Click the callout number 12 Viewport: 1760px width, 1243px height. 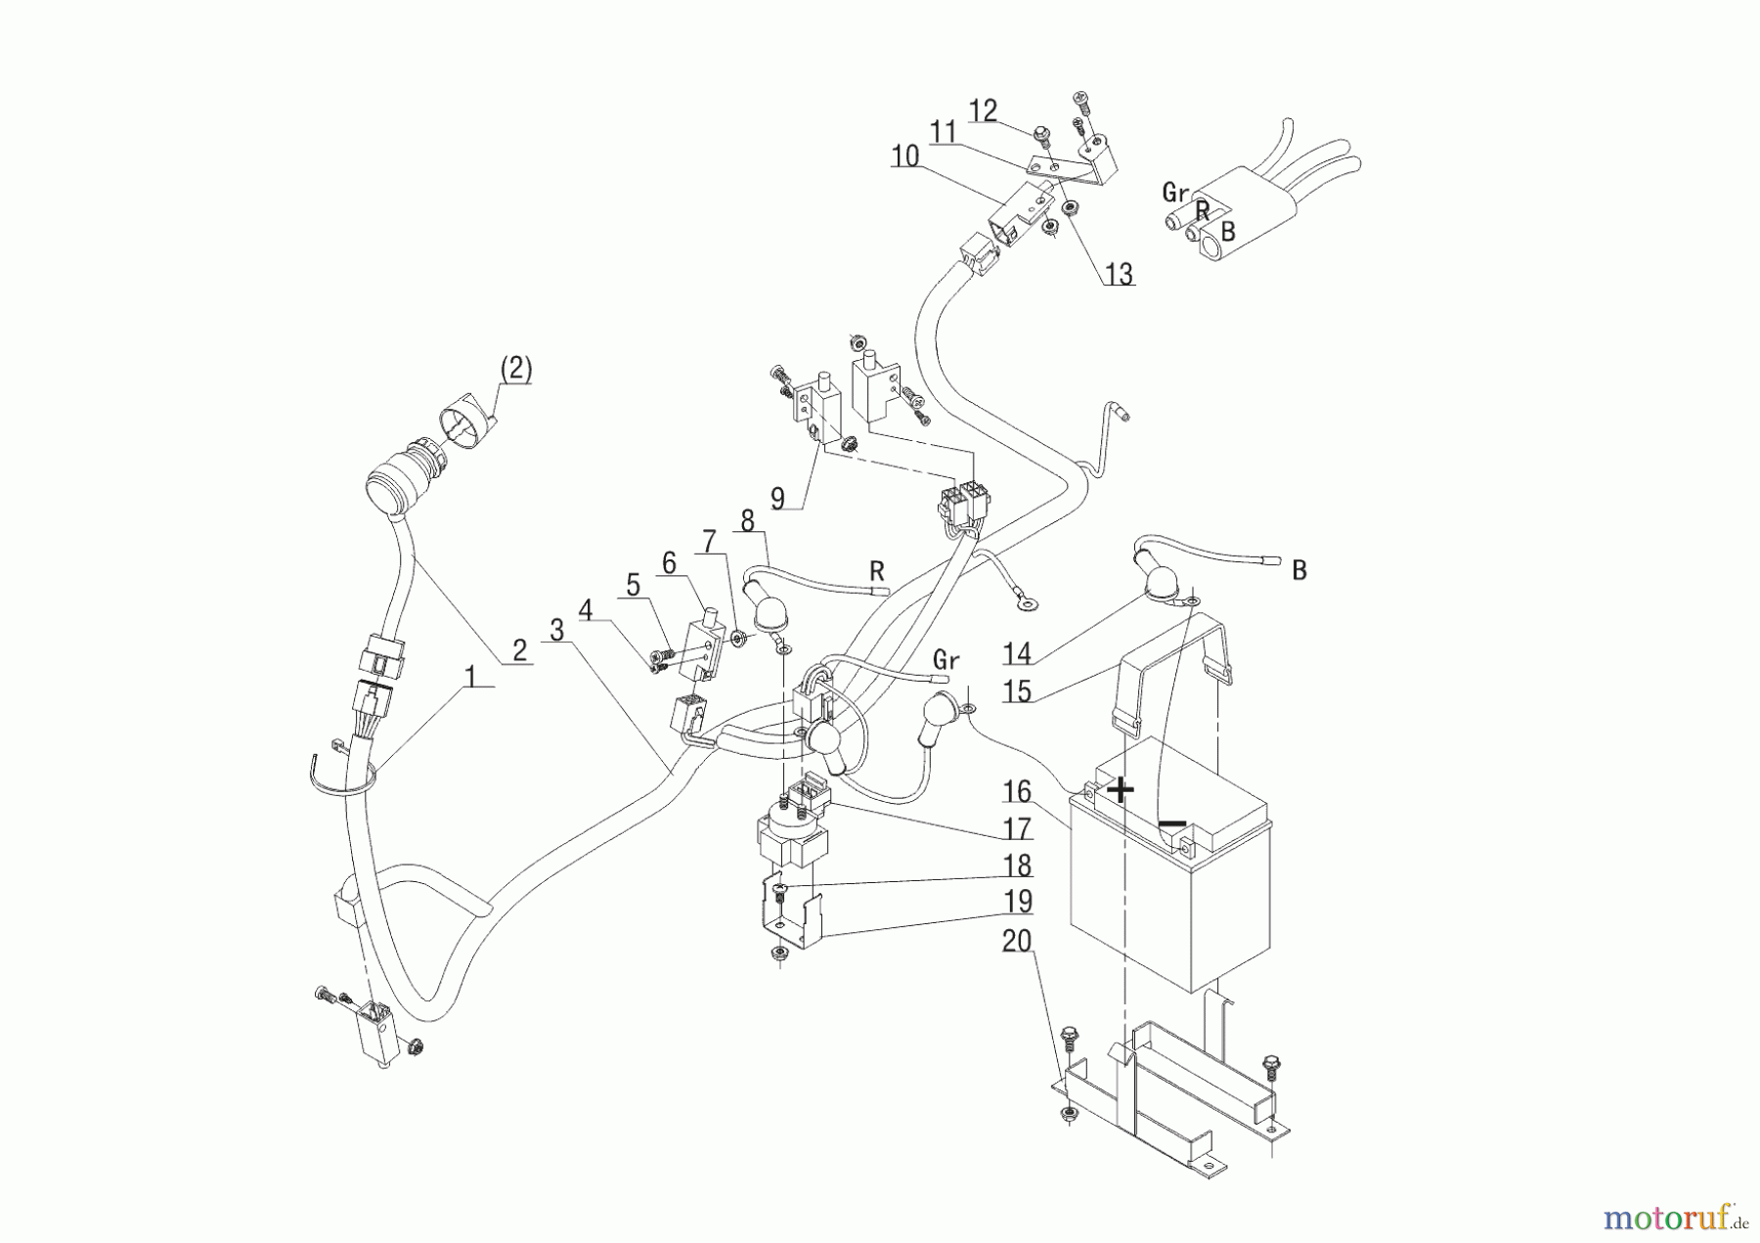(x=983, y=111)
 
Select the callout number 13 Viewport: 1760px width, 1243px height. (x=1119, y=275)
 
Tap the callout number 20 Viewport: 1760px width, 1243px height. (x=1017, y=942)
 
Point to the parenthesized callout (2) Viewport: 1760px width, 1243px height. (x=515, y=369)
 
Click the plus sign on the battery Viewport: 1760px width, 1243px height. (x=1121, y=789)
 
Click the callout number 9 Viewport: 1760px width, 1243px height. (x=777, y=498)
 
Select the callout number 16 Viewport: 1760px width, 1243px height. (x=1017, y=791)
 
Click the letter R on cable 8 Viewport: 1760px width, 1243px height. (x=877, y=569)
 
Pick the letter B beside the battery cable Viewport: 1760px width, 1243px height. (x=1298, y=570)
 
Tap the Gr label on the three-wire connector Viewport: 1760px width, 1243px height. (x=1175, y=193)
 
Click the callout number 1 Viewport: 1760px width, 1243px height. (x=470, y=676)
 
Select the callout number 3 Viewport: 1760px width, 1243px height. (x=556, y=630)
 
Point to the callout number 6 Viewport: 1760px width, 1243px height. (x=669, y=562)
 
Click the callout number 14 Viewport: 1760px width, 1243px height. (x=1017, y=653)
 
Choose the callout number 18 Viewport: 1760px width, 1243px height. (x=1017, y=866)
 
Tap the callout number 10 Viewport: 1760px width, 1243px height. (x=904, y=156)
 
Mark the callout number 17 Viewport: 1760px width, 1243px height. (x=1017, y=829)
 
